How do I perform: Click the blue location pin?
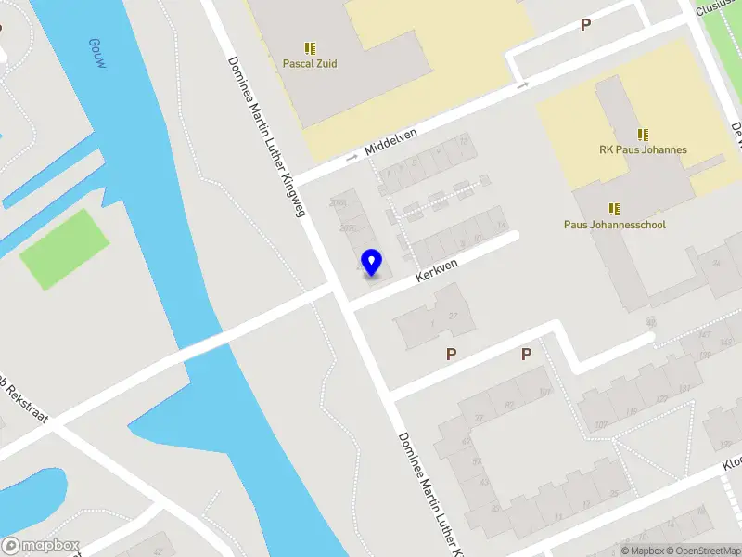[372, 262]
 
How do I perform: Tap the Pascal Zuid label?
[310, 64]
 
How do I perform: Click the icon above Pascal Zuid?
[310, 47]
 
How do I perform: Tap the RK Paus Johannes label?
[643, 149]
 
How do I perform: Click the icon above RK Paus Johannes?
[643, 134]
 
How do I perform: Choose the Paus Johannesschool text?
[615, 224]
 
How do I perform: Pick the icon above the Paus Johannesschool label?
[614, 208]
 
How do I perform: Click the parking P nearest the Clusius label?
[585, 25]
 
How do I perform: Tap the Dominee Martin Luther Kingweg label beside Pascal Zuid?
[268, 136]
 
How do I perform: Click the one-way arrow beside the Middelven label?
[352, 158]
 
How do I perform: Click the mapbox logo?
[41, 546]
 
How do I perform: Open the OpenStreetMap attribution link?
[700, 551]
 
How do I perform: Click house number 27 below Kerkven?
[453, 317]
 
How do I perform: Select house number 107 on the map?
[544, 392]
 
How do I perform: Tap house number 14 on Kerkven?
[502, 226]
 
